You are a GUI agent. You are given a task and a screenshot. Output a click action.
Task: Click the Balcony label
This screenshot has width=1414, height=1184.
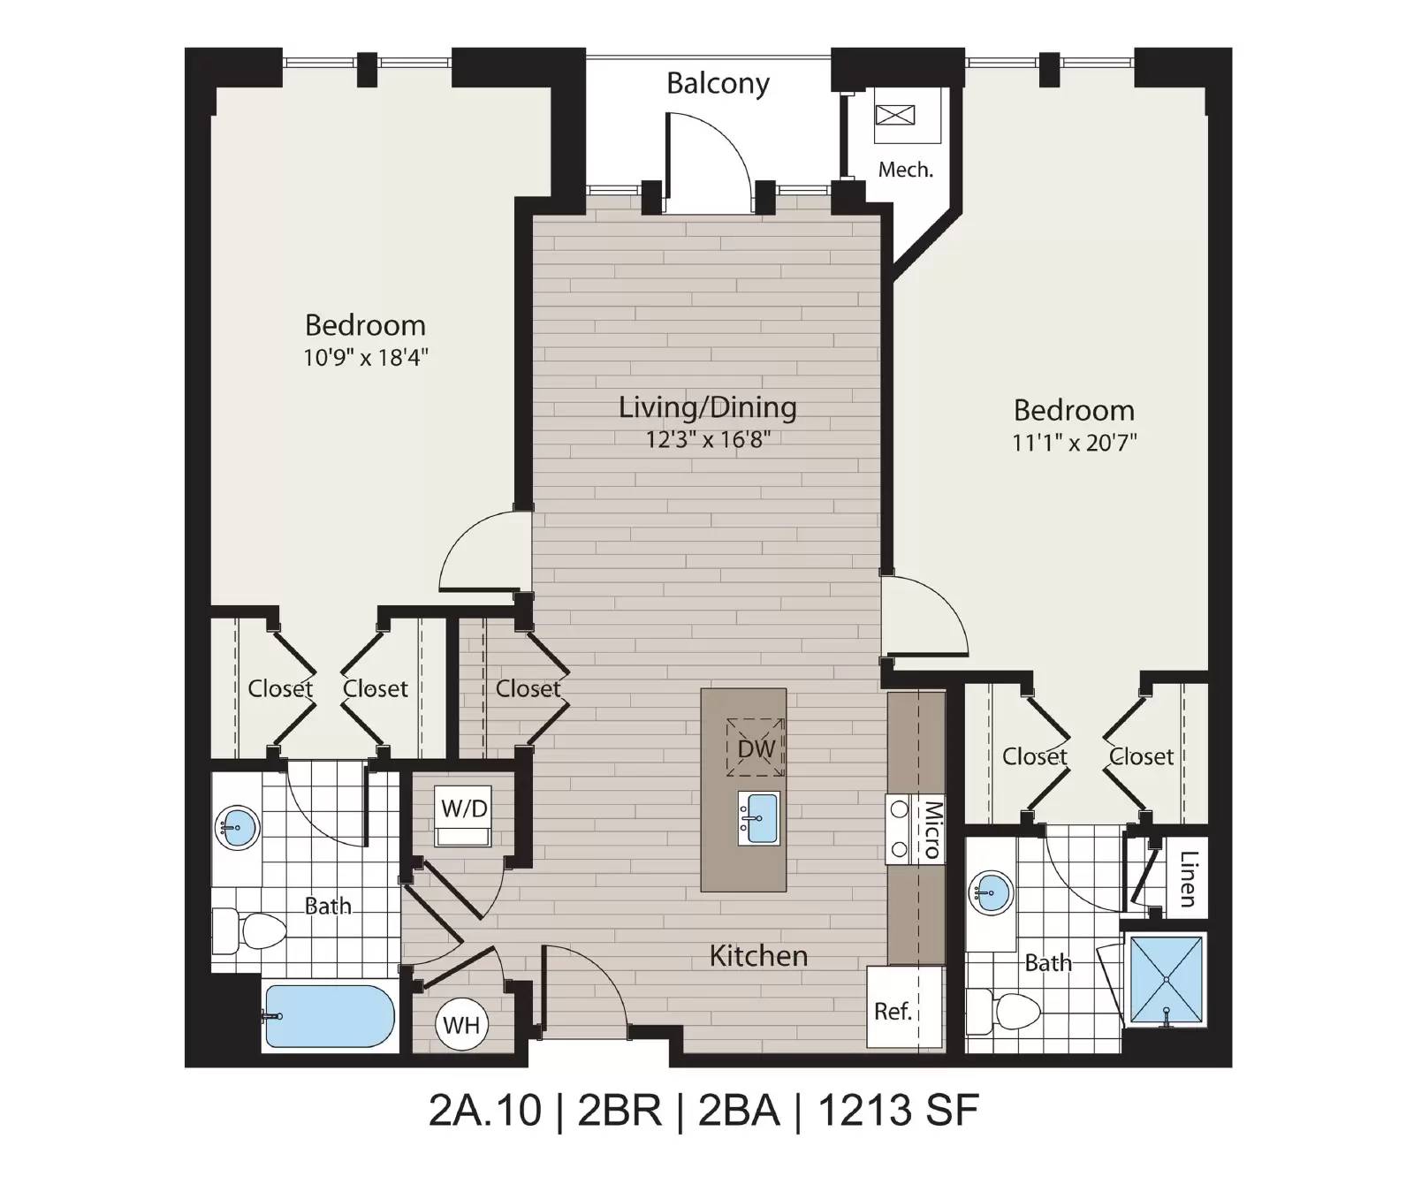coord(718,84)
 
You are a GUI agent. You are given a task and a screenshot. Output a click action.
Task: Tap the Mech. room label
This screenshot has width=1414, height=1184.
coord(906,169)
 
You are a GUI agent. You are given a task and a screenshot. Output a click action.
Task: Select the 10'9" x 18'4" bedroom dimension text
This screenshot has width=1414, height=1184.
coord(366,357)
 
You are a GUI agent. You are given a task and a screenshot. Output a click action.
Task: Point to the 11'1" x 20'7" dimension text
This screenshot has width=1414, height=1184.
coord(1074,442)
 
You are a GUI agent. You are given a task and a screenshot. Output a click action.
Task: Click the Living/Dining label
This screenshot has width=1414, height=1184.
coord(707,407)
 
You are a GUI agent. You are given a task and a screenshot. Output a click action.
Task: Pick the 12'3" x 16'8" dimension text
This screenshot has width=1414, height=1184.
coord(708,439)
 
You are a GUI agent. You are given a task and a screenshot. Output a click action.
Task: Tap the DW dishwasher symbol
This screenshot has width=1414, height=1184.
coord(756,748)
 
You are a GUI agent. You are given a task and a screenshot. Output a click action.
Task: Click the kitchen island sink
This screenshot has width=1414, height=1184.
coord(759,818)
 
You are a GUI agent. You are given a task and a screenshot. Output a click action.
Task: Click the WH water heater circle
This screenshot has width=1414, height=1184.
coord(461,1025)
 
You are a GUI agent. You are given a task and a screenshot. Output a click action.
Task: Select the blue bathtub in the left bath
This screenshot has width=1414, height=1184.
coord(329,1016)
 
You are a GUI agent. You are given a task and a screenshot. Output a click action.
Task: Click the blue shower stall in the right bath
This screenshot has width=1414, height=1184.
coord(1167,981)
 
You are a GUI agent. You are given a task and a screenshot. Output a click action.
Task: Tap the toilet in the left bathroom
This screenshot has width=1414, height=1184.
coord(250,930)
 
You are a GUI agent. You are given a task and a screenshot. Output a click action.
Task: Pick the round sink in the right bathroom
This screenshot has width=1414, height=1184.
coord(992,894)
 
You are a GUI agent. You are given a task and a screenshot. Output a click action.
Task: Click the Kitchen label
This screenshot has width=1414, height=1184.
coord(758,956)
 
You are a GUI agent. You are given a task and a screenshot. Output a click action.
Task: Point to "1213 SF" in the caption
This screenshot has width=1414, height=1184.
coord(899,1111)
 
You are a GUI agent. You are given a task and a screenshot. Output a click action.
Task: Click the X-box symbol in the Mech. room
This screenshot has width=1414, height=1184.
coord(896,115)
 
